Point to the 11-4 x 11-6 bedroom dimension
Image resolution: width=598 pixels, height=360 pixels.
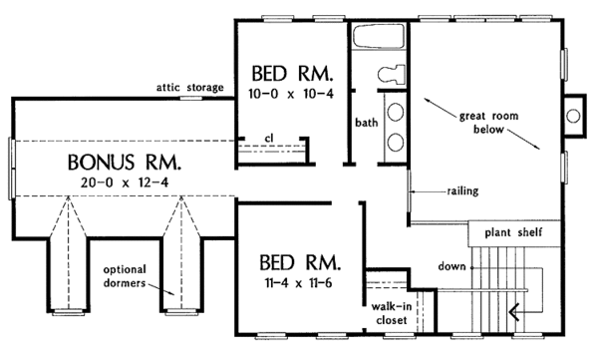tap(299, 282)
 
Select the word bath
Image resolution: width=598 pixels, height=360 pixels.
tap(367, 123)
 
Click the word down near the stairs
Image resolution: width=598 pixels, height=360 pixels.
tap(449, 267)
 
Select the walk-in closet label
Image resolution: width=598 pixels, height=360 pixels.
tap(390, 314)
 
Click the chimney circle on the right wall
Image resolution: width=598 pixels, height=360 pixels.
tap(573, 116)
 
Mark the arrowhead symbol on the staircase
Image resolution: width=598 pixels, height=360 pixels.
tap(516, 313)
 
